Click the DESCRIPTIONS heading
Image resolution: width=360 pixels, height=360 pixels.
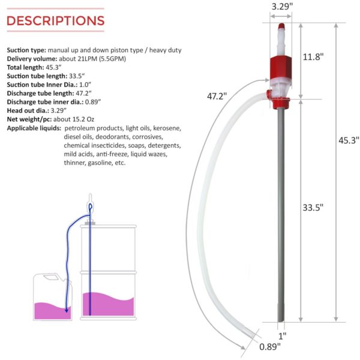pos(55,21)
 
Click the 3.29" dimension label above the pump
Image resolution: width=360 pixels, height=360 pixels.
pos(280,8)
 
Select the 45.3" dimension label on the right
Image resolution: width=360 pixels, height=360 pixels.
pos(348,140)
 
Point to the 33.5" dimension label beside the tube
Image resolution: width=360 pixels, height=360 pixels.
pos(312,208)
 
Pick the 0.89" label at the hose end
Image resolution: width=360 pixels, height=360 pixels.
pos(268,346)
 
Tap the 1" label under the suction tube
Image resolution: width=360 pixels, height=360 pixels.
pos(281,335)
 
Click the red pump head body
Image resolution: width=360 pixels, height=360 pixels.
pos(280,65)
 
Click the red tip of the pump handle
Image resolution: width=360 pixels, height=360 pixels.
pos(280,26)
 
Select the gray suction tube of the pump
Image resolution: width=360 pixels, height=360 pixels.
pos(281,210)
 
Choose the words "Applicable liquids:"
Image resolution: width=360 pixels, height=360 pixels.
pos(34,128)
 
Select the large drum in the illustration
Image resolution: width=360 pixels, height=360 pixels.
pos(107,270)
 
